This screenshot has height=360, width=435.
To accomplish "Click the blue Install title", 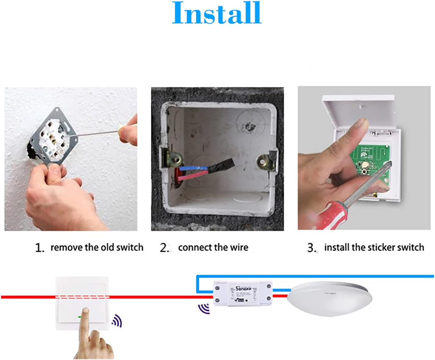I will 217,14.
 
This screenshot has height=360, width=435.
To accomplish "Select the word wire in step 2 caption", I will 239,247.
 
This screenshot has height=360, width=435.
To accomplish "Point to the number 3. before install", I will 312,248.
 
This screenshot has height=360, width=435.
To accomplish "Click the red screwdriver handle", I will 331,216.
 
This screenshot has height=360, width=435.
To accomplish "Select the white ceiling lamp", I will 329,299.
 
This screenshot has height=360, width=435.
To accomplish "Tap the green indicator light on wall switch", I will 80,317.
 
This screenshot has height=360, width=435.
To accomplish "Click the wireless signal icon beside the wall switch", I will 117,321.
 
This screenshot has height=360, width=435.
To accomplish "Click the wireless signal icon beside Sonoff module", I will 204,308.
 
